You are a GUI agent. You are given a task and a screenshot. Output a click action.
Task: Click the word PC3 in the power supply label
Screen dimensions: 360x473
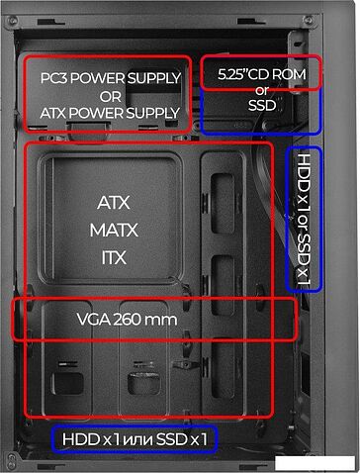coord(54,78)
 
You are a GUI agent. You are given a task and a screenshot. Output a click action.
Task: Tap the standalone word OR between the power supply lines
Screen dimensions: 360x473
coord(109,96)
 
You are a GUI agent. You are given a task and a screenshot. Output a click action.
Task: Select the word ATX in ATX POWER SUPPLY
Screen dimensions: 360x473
coord(55,113)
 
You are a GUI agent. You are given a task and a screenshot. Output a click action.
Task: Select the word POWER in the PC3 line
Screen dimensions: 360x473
coord(102,78)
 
